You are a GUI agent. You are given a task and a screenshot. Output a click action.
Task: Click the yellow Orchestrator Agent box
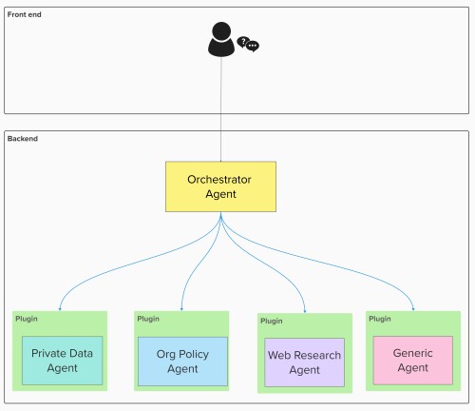click(x=220, y=186)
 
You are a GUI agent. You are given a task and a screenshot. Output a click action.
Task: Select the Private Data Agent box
click(x=63, y=361)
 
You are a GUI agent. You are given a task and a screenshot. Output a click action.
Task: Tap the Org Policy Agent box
click(x=182, y=362)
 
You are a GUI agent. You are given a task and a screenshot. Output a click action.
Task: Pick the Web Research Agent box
click(x=304, y=362)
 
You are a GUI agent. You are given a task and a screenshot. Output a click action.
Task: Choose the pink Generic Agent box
click(x=413, y=361)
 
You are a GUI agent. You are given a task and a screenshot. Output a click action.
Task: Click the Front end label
click(x=25, y=14)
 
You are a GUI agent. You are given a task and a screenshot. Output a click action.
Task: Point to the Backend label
click(x=23, y=139)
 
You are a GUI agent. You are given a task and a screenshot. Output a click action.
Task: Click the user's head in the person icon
click(x=221, y=31)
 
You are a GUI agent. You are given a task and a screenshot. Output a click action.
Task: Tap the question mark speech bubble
click(x=242, y=42)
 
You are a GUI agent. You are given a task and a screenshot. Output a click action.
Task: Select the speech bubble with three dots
click(x=253, y=47)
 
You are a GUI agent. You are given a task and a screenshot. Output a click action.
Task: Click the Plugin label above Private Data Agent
click(x=27, y=319)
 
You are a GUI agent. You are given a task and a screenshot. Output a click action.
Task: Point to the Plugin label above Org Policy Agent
click(x=148, y=319)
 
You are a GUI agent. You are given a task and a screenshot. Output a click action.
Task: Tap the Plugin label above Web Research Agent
click(x=272, y=321)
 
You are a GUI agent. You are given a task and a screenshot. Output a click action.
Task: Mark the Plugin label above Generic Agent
click(x=380, y=319)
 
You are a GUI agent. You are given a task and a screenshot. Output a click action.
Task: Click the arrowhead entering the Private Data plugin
click(x=60, y=309)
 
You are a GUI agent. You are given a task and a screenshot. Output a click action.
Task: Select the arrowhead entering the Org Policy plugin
click(x=181, y=309)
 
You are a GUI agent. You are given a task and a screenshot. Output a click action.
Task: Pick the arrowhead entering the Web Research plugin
click(x=305, y=311)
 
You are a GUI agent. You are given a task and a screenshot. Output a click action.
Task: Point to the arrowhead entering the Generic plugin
click(x=413, y=309)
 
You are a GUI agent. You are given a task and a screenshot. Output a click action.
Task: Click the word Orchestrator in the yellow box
click(x=219, y=180)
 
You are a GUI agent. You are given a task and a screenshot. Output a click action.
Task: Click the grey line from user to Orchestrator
click(x=221, y=109)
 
